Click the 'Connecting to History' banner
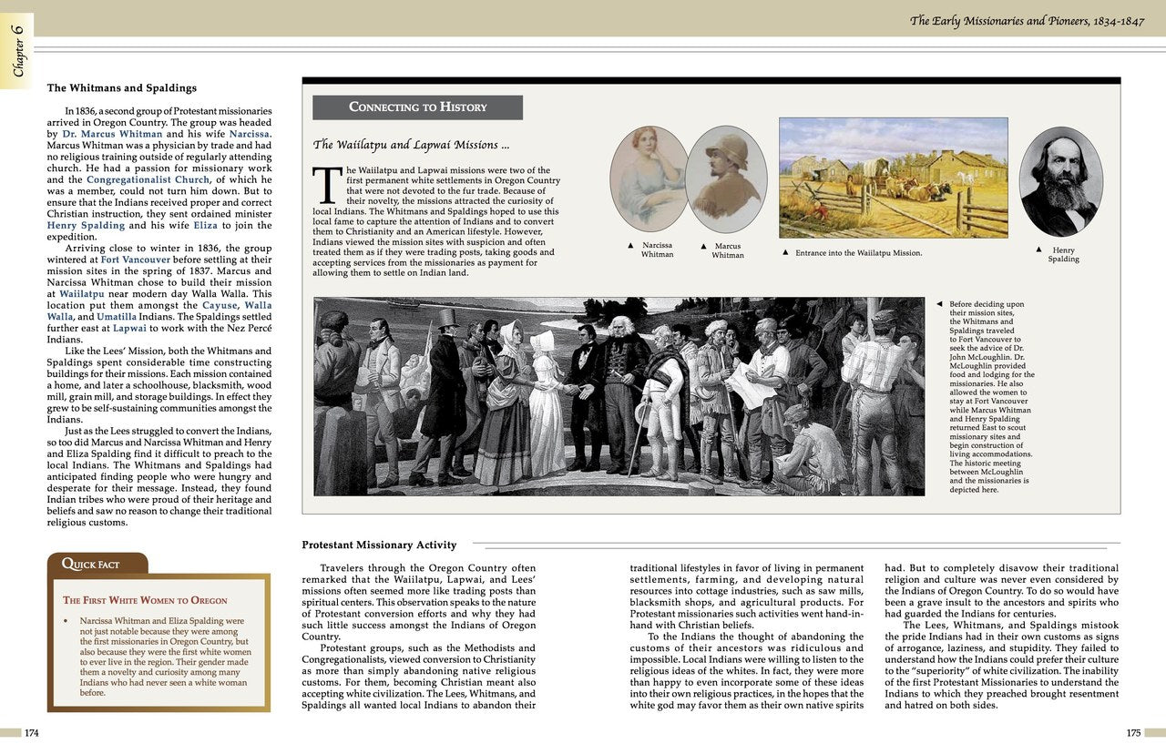(x=417, y=107)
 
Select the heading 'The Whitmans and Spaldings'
(x=121, y=88)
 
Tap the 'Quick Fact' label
(x=90, y=565)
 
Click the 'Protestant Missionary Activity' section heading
(x=379, y=545)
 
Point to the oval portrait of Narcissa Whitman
(x=649, y=178)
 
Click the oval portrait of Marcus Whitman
(x=726, y=178)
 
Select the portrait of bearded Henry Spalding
(x=1060, y=181)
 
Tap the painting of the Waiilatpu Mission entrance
(x=893, y=178)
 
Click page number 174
(x=32, y=732)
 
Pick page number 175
(x=1133, y=732)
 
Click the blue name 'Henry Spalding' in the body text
(x=86, y=226)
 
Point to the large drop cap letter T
(x=326, y=185)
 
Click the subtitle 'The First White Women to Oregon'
(x=145, y=601)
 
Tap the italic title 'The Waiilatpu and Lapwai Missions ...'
(x=411, y=145)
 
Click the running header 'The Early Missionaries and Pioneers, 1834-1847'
(x=1025, y=20)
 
